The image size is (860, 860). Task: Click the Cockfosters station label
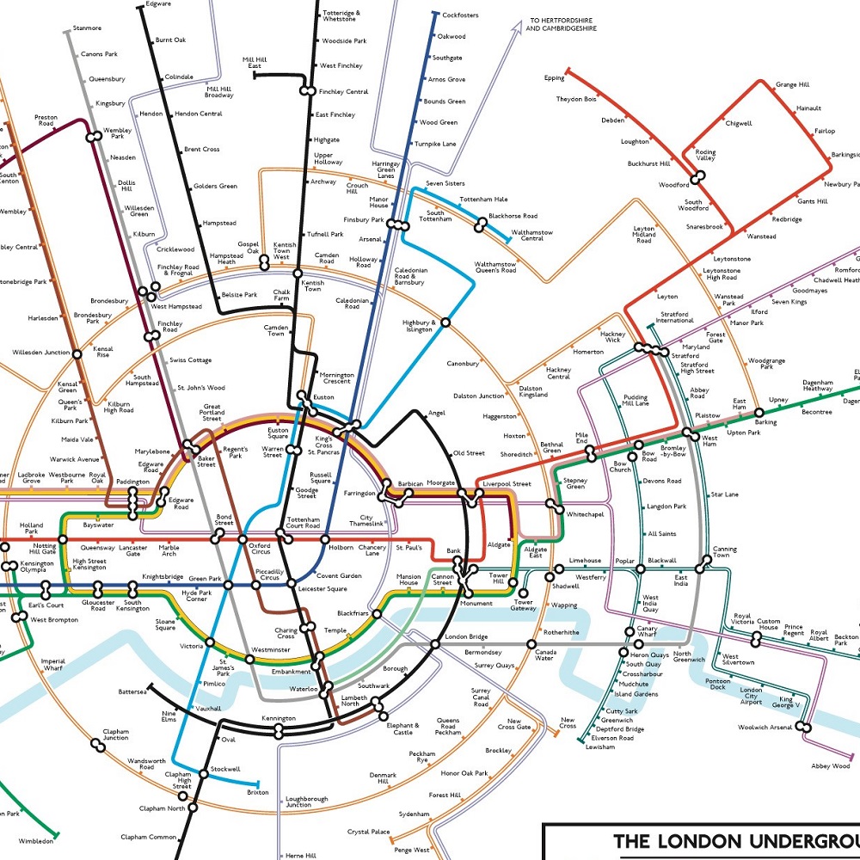[x=460, y=15]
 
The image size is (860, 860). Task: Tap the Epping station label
[x=554, y=78]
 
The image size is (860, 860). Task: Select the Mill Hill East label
[x=255, y=63]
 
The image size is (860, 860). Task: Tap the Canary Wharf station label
[x=647, y=632]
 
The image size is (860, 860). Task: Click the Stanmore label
[x=87, y=28]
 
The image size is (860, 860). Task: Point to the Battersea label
[x=133, y=691]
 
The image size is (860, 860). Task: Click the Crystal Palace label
[x=368, y=832]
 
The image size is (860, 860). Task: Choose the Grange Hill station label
[x=792, y=85]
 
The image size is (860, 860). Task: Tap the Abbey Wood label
[x=831, y=765]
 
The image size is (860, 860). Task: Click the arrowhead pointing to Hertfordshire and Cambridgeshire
[x=516, y=28]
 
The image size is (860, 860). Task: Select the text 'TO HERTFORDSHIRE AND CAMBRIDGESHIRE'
[x=562, y=24]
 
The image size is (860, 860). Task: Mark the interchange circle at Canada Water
[x=531, y=643]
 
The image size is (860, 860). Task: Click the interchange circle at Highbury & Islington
[x=445, y=323]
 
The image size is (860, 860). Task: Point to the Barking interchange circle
[x=759, y=412]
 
